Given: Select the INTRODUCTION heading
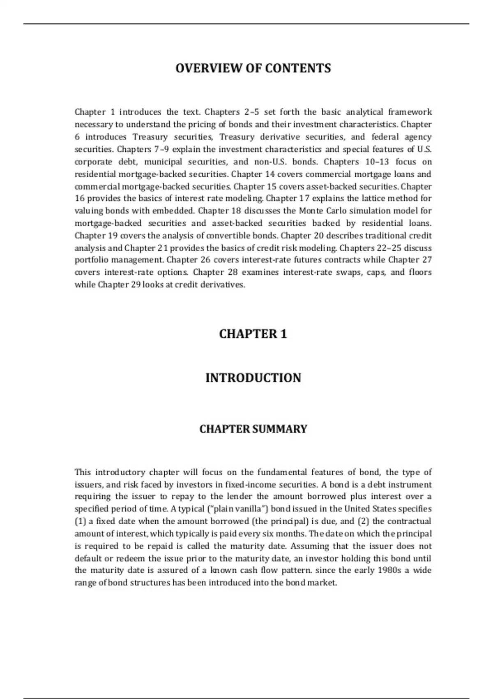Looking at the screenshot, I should tap(253, 377).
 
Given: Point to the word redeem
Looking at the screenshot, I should tap(132, 558).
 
